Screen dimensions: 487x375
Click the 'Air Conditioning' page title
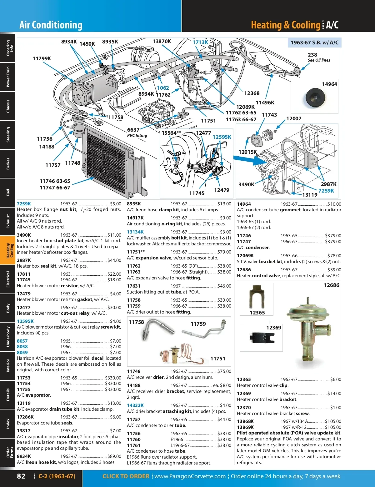51,25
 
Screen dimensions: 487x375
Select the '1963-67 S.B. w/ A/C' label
314,43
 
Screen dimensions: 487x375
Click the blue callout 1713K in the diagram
200,42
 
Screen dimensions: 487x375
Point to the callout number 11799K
42,58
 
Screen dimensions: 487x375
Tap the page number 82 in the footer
21,476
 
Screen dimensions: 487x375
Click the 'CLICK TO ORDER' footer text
126,476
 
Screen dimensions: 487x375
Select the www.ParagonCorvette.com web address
190,476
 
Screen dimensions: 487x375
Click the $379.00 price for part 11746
333,236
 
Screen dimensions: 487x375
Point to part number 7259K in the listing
24,204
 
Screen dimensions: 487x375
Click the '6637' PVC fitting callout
133,130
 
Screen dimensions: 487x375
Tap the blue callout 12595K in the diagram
222,137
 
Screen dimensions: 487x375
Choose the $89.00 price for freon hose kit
114,456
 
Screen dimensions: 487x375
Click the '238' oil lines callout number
312,55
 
